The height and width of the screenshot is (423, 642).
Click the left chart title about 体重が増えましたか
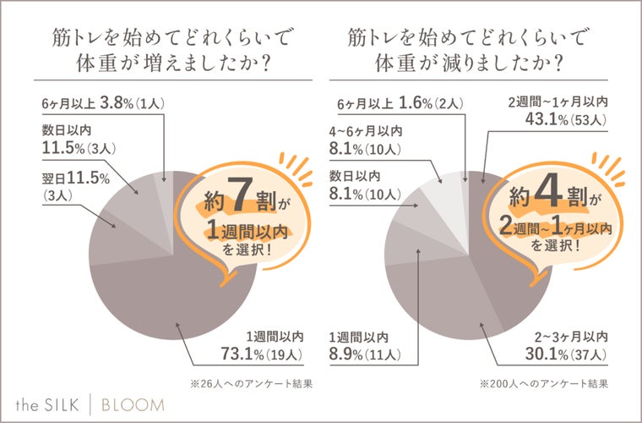pyautogui.click(x=160, y=51)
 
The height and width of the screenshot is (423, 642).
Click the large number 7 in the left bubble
pyautogui.click(x=239, y=197)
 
